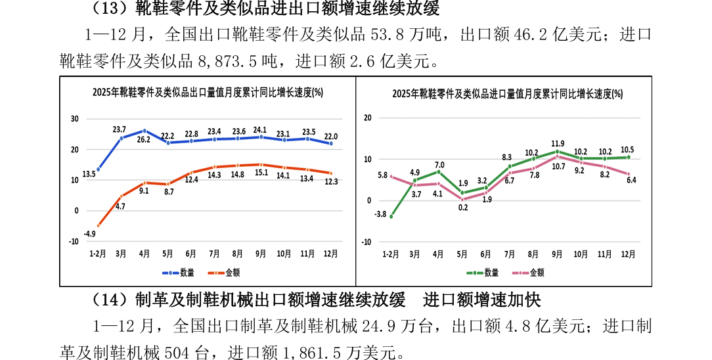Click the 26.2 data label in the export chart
coord(144,140)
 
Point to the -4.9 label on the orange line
coord(90,234)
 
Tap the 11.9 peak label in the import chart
coord(558,143)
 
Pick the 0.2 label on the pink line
coord(462,208)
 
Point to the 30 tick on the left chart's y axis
coord(75,119)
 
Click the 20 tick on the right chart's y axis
coord(367,118)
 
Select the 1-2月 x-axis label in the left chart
coord(98,254)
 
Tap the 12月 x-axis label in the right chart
coord(627,254)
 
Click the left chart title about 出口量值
coord(208,92)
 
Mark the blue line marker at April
coord(145,131)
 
